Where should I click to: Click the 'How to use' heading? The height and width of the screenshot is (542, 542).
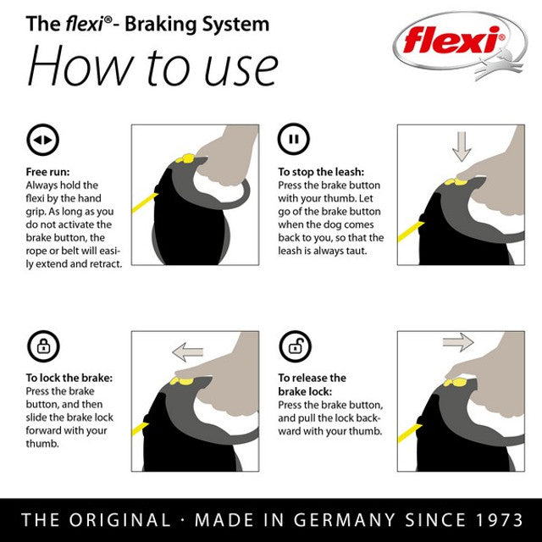(x=152, y=65)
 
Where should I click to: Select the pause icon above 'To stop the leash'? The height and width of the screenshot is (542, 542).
(x=293, y=140)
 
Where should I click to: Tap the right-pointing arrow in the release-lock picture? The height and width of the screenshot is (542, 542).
(x=457, y=342)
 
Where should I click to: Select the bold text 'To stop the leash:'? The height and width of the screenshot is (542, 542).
(x=321, y=171)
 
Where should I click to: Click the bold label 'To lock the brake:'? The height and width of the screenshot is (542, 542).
(x=69, y=378)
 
